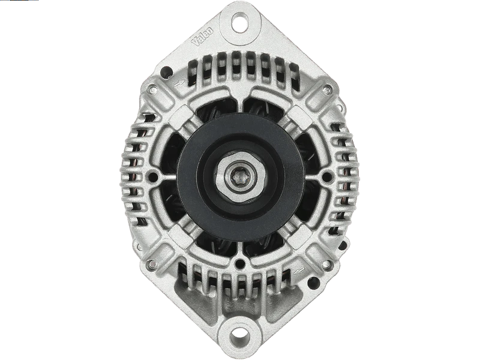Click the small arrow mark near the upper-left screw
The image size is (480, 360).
(179, 86)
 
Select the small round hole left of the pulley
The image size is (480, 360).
(154, 177)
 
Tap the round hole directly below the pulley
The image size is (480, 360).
(241, 262)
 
